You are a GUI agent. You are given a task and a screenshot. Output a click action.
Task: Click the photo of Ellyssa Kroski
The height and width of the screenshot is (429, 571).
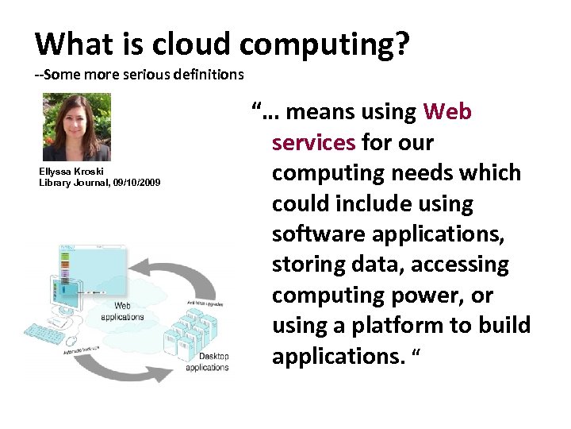point(76,127)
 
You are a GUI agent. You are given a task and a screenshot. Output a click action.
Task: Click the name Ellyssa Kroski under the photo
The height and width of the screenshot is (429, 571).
point(71,172)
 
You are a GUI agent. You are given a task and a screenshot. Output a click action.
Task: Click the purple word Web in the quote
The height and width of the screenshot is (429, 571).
point(448,112)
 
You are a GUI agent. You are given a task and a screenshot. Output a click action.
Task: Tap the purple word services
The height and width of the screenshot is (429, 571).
point(313,143)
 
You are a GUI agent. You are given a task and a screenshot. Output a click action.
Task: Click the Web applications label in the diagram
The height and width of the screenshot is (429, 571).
point(123,311)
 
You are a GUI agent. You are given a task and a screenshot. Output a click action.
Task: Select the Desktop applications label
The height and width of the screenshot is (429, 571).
point(207,362)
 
